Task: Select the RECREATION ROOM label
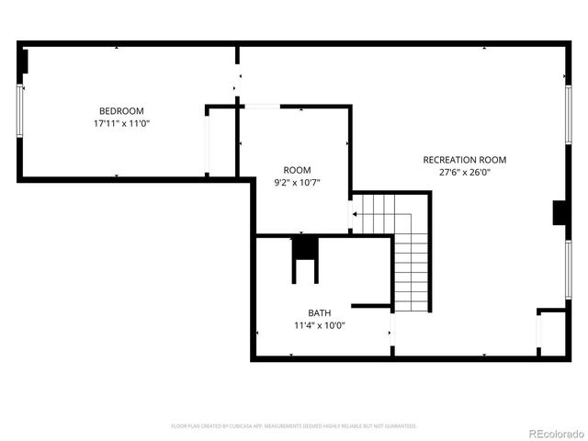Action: (x=464, y=160)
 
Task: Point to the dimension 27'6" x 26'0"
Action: (x=464, y=172)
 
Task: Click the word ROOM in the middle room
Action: (x=297, y=170)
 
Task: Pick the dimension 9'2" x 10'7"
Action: (x=297, y=183)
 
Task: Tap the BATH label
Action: (x=320, y=312)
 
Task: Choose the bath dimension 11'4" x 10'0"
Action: (x=320, y=325)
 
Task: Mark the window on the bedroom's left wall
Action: (x=19, y=111)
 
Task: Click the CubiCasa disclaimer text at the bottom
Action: (x=294, y=426)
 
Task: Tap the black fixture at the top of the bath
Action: (x=305, y=248)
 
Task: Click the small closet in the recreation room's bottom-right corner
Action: (x=551, y=332)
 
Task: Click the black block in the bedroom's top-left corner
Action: (x=24, y=61)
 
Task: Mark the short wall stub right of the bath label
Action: (x=372, y=305)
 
